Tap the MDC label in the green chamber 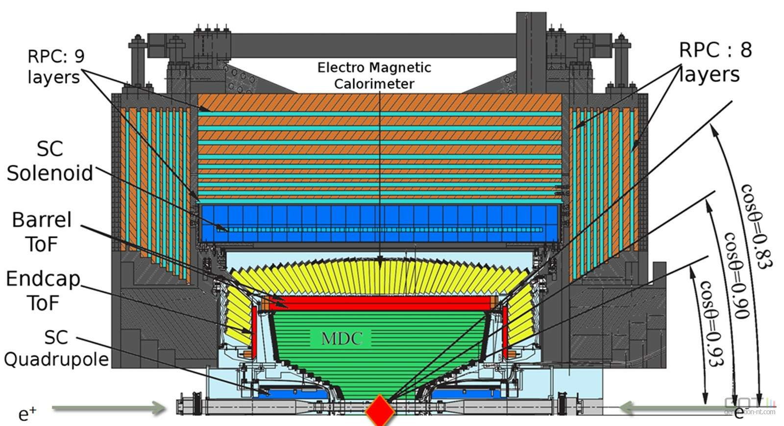(x=342, y=338)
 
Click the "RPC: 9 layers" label (x=56, y=67)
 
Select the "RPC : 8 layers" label (x=715, y=62)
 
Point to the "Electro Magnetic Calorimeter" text (x=374, y=75)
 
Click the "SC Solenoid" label (x=50, y=161)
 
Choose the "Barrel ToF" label (x=42, y=232)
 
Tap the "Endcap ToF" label (x=43, y=291)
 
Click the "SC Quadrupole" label (x=56, y=348)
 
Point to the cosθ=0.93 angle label (x=711, y=323)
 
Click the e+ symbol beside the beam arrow (x=27, y=414)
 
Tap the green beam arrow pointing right (x=109, y=408)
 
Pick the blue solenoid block (x=379, y=224)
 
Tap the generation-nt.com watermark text (x=750, y=412)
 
